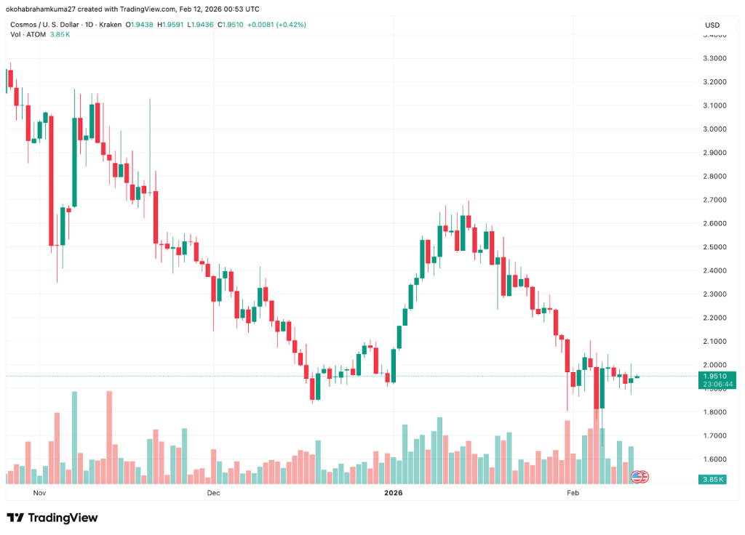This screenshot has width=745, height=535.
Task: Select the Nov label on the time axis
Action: pyautogui.click(x=39, y=493)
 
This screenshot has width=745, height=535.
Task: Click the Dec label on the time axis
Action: pyautogui.click(x=212, y=493)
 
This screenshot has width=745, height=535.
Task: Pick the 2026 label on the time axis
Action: pyautogui.click(x=393, y=493)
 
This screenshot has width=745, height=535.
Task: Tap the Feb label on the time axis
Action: pyautogui.click(x=573, y=493)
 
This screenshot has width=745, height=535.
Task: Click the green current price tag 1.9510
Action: pyautogui.click(x=716, y=376)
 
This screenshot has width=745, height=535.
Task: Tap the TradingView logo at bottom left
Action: pyautogui.click(x=52, y=518)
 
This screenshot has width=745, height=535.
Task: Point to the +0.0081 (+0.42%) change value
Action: pyautogui.click(x=276, y=25)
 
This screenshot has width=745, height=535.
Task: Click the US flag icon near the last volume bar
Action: pyautogui.click(x=637, y=477)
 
